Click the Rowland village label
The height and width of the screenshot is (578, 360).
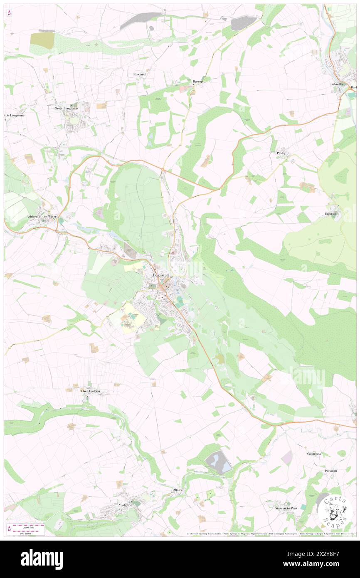click(140, 74)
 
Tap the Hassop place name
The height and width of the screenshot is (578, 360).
click(197, 82)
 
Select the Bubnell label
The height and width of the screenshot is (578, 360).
click(335, 84)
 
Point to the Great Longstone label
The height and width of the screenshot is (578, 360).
click(66, 108)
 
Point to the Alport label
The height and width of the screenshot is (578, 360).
click(178, 490)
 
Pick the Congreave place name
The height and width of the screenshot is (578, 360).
click(314, 453)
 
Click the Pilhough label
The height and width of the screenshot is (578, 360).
click(331, 471)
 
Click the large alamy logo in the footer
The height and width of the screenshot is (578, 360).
click(42, 559)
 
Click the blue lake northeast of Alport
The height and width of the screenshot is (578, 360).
click(218, 462)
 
